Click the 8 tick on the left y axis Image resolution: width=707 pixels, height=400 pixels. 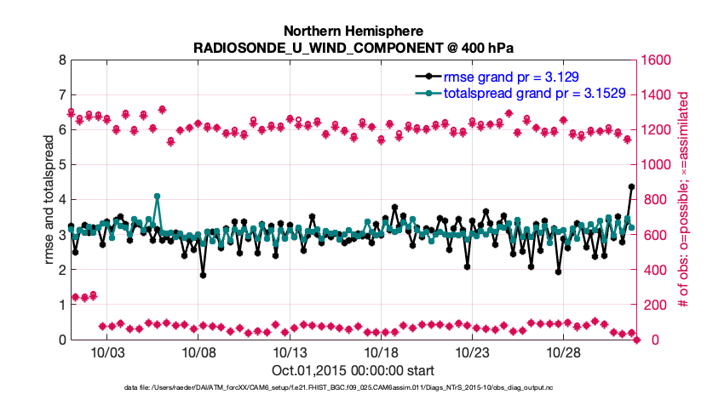[x=60, y=60]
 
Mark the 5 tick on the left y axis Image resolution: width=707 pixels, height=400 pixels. [x=60, y=165]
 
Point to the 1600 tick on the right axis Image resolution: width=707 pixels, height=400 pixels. [x=660, y=60]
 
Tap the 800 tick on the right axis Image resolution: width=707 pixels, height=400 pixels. [x=657, y=200]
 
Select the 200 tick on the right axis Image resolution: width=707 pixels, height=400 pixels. [x=657, y=305]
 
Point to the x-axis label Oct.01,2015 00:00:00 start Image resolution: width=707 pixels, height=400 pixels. [x=353, y=370]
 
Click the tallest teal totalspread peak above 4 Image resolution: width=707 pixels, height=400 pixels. [x=158, y=196]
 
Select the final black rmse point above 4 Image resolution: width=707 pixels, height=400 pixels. [x=631, y=186]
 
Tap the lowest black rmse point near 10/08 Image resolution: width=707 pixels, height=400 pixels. [x=203, y=275]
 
